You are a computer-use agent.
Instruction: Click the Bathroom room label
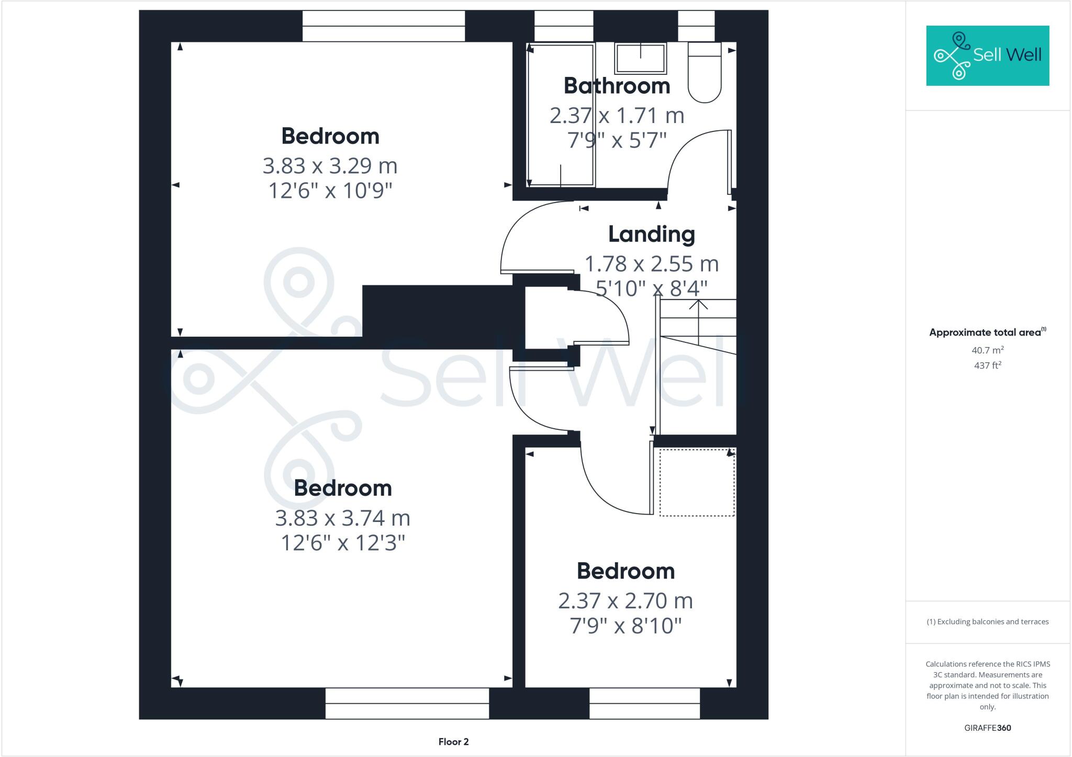tap(617, 86)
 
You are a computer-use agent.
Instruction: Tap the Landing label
tap(651, 234)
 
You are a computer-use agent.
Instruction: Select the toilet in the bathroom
tap(705, 73)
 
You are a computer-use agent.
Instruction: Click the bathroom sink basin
tap(641, 58)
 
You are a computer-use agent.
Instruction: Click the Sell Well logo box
tap(987, 55)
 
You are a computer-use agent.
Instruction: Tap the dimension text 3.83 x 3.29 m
tap(330, 166)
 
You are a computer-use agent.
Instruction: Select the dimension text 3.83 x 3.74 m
tap(342, 518)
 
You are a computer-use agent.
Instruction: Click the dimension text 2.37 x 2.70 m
tap(626, 601)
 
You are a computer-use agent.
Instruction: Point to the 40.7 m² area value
tap(987, 350)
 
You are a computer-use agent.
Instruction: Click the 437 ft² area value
tap(987, 365)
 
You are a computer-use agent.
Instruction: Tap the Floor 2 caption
tap(453, 741)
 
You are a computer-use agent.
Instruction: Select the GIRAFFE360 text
tap(987, 728)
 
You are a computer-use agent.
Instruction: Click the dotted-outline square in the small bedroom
tap(697, 482)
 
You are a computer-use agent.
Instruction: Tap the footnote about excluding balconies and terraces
tap(987, 621)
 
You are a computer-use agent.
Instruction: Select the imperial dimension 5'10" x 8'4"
tap(652, 288)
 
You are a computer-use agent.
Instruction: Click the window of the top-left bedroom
tap(384, 26)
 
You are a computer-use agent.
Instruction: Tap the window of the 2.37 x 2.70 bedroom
tap(644, 703)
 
